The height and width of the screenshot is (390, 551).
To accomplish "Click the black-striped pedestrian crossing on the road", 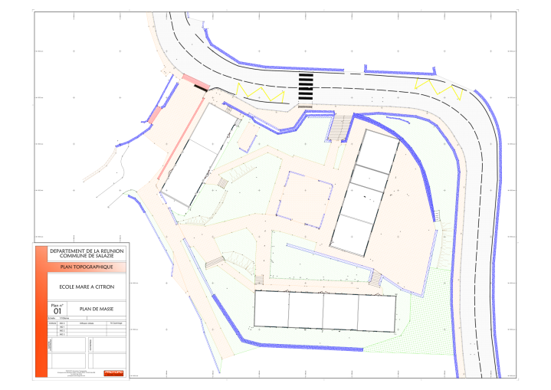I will (x=305, y=88).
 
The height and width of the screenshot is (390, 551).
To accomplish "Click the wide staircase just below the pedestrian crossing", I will (x=338, y=127).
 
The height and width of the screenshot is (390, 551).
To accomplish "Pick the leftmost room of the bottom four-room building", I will (x=272, y=311).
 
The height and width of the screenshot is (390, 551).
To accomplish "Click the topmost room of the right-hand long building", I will (x=379, y=153).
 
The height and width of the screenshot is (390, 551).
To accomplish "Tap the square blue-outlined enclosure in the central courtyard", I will (x=304, y=198).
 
